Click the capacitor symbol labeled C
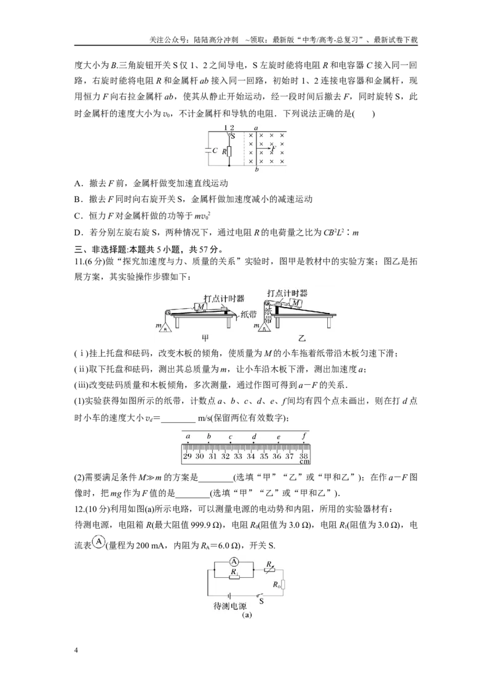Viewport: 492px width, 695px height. [208, 150]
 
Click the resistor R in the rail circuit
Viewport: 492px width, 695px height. [229, 151]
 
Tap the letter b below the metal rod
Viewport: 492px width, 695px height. [256, 170]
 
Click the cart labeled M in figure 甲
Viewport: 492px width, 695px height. [200, 306]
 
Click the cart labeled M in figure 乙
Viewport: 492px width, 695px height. [295, 303]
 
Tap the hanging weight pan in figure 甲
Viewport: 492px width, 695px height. [165, 328]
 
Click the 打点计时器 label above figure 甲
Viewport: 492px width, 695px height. [224, 298]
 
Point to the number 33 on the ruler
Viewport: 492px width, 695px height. [238, 456]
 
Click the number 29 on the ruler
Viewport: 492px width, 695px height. [187, 456]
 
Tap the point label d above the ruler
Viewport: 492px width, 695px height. [254, 437]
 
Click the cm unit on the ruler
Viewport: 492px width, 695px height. [304, 462]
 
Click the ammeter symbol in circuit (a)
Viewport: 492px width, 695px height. [234, 562]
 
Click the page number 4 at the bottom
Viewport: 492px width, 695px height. [76, 650]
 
